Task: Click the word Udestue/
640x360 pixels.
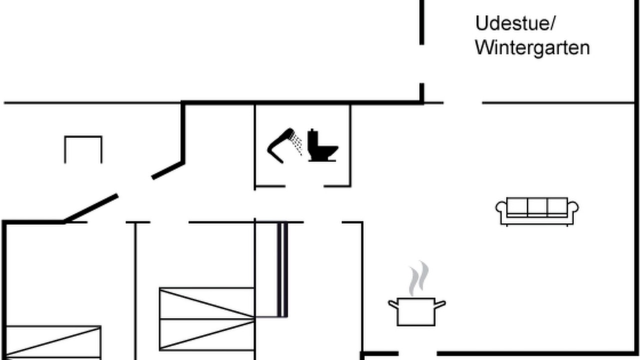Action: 515,23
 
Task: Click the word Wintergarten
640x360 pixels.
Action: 532,48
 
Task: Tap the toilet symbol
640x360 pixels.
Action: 322,145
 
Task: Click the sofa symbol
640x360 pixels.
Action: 537,211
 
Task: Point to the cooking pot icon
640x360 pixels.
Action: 416,311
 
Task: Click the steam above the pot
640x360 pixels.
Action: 419,278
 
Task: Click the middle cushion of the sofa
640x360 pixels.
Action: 537,206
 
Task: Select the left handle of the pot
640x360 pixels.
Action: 393,304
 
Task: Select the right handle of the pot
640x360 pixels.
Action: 440,304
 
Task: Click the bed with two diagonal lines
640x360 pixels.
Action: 207,319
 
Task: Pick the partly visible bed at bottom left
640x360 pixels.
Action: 53,342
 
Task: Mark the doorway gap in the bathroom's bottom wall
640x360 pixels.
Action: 304,186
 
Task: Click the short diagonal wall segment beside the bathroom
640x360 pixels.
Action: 168,171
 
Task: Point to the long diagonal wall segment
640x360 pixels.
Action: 90,208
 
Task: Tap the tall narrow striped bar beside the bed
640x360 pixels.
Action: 282,269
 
